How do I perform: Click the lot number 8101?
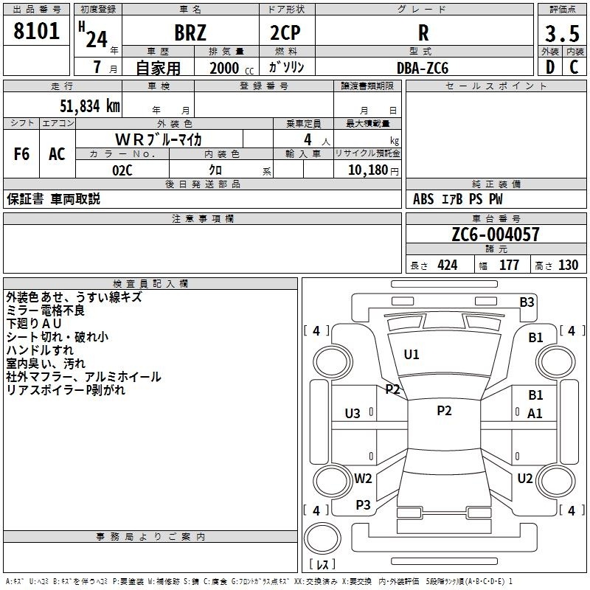click(x=36, y=31)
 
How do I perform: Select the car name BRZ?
click(x=190, y=32)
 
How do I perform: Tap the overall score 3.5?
click(x=562, y=33)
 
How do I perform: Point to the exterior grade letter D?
click(x=550, y=67)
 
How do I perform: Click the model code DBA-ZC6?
click(x=423, y=68)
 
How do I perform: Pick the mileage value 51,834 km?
click(x=90, y=106)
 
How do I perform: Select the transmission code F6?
click(x=21, y=154)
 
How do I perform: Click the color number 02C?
click(x=122, y=170)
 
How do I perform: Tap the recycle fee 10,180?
click(x=368, y=170)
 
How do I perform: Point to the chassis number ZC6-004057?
click(x=496, y=235)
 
